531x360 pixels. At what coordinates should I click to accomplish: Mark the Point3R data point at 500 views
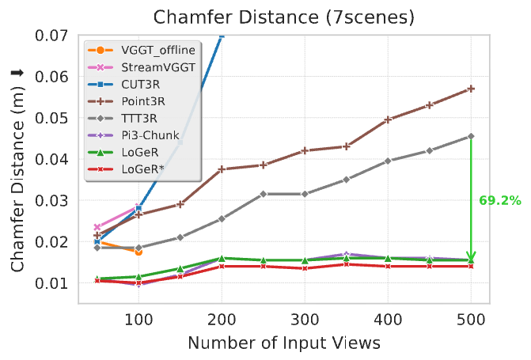click(471, 89)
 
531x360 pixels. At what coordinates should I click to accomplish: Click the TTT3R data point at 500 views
click(471, 136)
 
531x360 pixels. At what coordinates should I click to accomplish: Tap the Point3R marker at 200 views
click(222, 169)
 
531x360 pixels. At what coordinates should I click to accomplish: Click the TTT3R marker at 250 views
click(264, 194)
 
